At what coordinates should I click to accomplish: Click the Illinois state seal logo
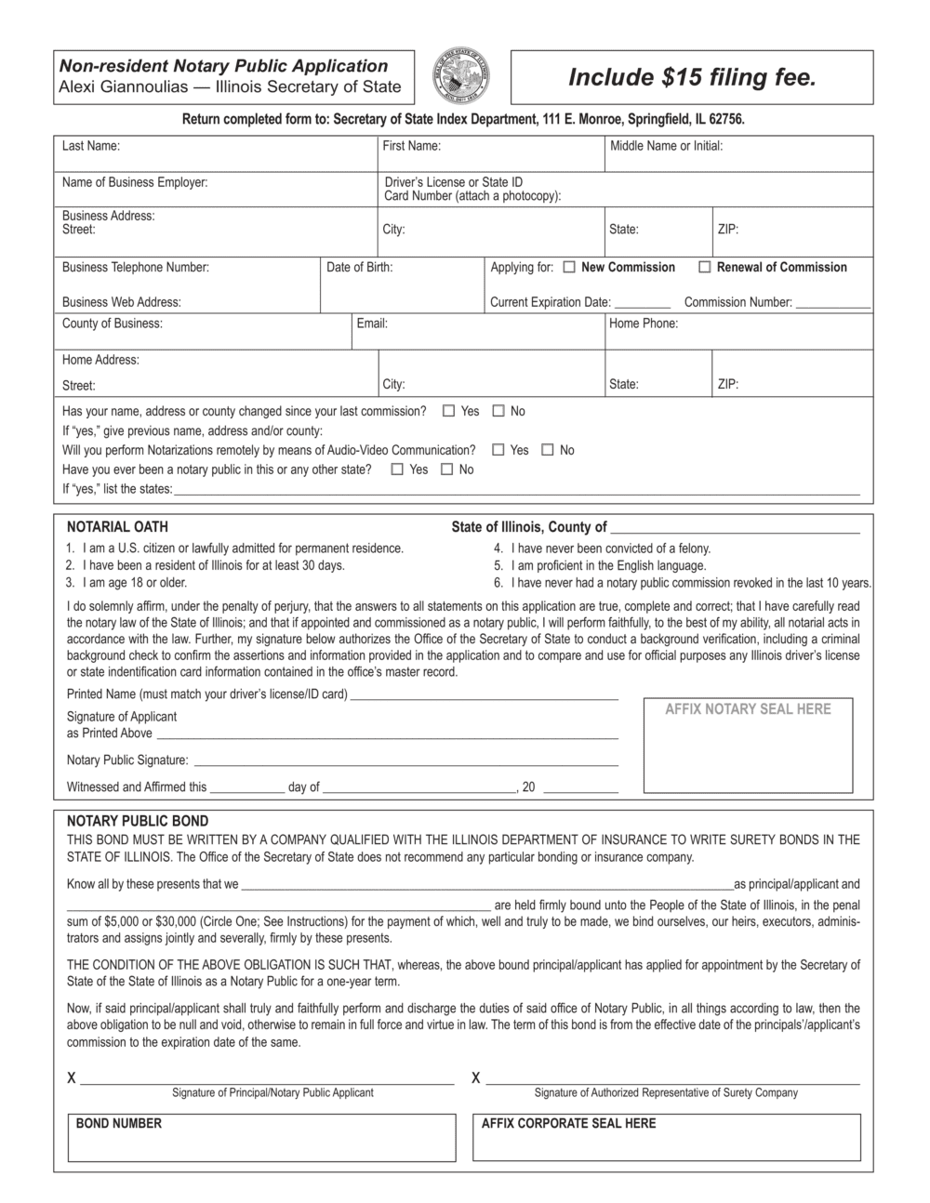(462, 77)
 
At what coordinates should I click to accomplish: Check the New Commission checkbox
(569, 268)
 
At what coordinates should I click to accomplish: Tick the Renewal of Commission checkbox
(705, 268)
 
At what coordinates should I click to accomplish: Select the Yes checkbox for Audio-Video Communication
(498, 450)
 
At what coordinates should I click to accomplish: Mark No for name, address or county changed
(498, 411)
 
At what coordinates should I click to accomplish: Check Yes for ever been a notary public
(398, 469)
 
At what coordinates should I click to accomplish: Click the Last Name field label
(91, 146)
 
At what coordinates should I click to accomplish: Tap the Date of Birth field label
(359, 268)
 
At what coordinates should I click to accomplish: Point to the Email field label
(372, 324)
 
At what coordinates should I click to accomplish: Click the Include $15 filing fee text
(692, 77)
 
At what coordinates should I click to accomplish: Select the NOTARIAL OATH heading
(117, 526)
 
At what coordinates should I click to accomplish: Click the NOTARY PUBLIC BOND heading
(138, 821)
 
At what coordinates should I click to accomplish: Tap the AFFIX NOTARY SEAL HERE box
(748, 746)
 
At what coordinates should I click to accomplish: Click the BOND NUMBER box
(261, 1137)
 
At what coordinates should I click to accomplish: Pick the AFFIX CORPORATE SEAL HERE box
(666, 1137)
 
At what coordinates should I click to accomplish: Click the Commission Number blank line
(832, 303)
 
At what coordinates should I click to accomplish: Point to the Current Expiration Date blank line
(642, 303)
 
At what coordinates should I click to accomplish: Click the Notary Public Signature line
(405, 761)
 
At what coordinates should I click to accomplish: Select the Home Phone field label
(644, 324)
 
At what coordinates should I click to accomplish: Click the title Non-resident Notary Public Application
(223, 66)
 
